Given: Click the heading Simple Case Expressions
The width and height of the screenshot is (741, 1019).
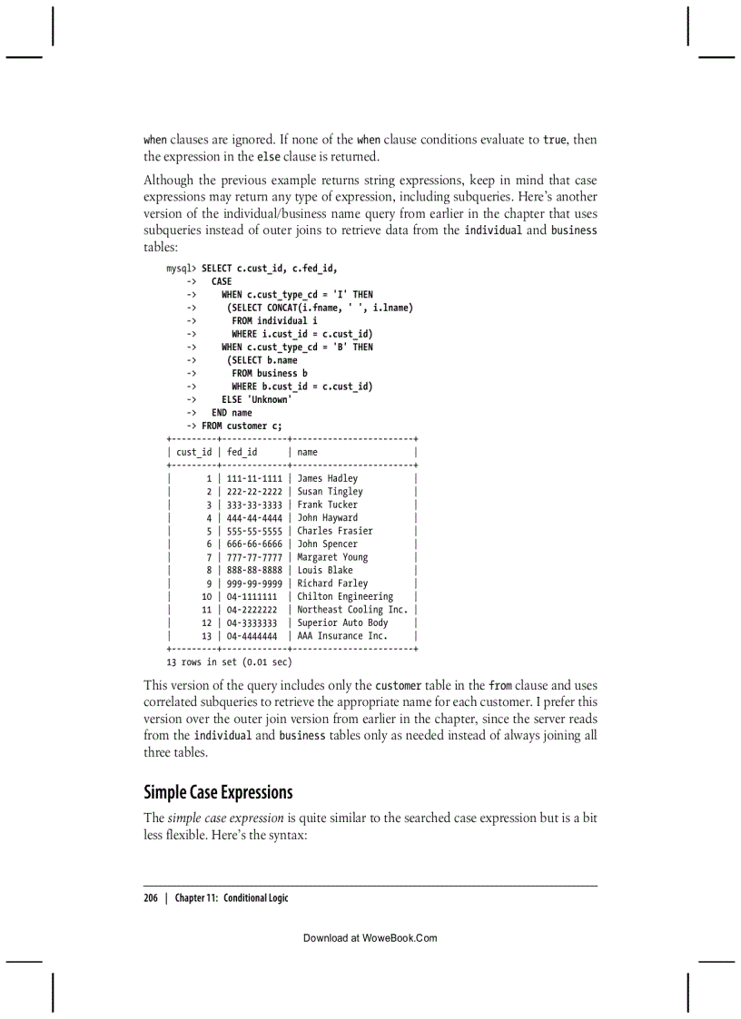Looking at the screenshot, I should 218,792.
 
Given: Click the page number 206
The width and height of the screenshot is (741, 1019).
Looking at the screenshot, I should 151,897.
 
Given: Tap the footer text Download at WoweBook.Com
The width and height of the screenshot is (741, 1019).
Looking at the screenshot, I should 370,938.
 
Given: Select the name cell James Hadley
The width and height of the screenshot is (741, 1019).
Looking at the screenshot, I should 327,478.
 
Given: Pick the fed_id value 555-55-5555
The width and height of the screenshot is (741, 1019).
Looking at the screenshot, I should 251,531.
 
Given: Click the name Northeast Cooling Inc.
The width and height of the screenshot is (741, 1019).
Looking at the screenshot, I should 352,610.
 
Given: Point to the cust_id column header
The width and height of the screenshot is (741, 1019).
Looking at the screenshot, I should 193,452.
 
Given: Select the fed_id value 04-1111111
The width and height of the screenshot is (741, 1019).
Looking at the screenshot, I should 248,597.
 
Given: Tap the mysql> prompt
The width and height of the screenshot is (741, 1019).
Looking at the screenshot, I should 181,269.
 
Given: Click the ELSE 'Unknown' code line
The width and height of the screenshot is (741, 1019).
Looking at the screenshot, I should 256,399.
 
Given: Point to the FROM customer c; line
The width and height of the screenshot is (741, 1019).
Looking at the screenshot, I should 242,426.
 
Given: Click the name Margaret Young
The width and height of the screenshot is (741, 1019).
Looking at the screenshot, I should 332,557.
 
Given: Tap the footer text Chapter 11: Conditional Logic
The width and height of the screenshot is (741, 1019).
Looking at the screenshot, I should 232,897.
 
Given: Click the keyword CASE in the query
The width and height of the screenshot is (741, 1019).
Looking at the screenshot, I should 222,281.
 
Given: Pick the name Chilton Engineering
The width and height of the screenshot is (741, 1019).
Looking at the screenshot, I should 345,597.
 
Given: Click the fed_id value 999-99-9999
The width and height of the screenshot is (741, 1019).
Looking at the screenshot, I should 251,583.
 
